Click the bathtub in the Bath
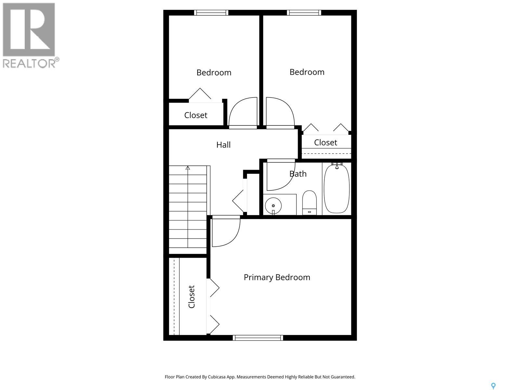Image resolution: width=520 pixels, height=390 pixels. (x=337, y=189)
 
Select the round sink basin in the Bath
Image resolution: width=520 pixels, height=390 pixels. (x=273, y=205)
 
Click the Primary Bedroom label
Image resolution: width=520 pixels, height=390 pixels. (x=277, y=277)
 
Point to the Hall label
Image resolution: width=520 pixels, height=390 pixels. (x=224, y=145)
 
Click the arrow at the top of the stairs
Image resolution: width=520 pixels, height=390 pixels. (x=188, y=168)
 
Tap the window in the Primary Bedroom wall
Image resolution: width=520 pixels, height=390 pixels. (x=258, y=338)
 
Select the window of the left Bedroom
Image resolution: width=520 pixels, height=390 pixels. (x=211, y=13)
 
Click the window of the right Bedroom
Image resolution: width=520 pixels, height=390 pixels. (x=304, y=13)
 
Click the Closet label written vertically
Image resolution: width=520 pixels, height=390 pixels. (x=191, y=297)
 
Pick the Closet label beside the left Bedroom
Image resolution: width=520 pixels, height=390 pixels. (x=196, y=115)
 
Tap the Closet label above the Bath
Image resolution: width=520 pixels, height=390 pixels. (x=326, y=142)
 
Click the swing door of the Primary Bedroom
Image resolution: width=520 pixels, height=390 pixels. (x=225, y=232)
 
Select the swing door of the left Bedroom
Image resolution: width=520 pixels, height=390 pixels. (x=243, y=112)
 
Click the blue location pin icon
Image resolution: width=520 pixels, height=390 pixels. (x=493, y=386)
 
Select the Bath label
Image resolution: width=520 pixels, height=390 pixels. (x=298, y=174)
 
